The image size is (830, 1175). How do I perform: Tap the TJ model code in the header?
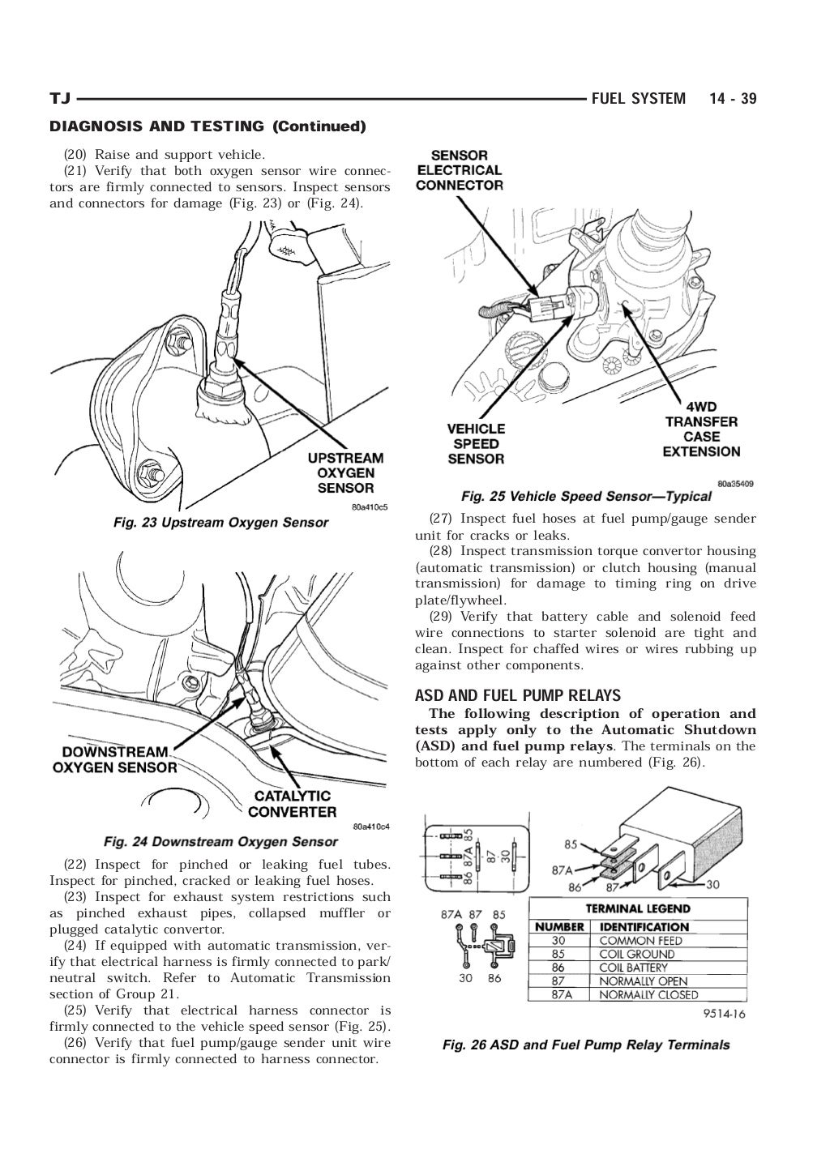pos(60,99)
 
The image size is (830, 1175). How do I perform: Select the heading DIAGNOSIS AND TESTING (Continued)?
pos(208,126)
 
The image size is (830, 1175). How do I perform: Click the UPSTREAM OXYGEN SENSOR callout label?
pos(345,473)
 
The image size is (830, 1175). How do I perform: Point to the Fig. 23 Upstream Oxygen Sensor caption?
pos(220,523)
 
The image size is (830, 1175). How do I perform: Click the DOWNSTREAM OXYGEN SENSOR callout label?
pos(114,759)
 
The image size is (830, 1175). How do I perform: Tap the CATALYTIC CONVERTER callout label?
pos(292,804)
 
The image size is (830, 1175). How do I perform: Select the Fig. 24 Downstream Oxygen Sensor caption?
pos(220,841)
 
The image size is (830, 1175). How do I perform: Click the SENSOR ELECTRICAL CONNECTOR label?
pos(460,170)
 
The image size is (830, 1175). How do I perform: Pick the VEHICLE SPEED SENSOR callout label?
pos(476,443)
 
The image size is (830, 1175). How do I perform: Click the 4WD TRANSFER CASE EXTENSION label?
pos(701,429)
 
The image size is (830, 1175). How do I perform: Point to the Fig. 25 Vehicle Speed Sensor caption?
pos(586,496)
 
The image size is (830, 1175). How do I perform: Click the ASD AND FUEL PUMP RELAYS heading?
pos(518,695)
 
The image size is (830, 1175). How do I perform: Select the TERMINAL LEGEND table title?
pos(638,908)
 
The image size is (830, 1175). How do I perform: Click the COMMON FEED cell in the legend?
pos(640,941)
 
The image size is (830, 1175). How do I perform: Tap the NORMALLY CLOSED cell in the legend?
pos(648,994)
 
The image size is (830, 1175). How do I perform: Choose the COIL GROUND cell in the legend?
pos(636,954)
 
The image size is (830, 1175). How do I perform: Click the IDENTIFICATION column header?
pos(644,926)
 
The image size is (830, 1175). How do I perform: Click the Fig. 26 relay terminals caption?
pos(586,1045)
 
